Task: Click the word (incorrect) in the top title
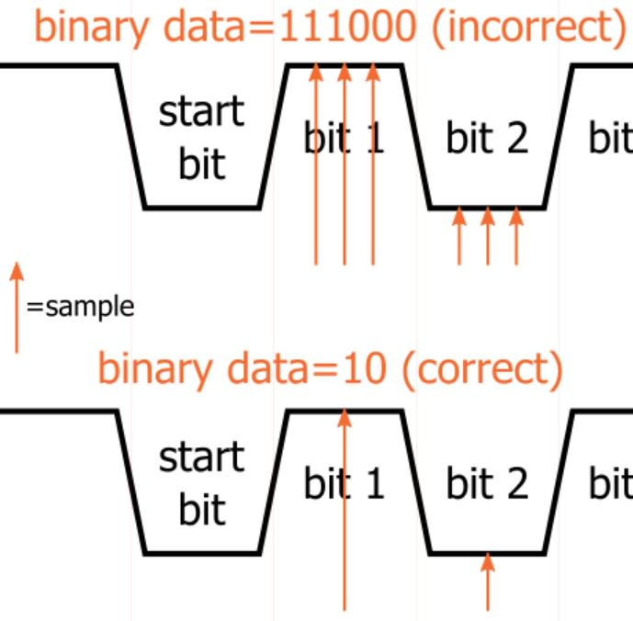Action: [529, 28]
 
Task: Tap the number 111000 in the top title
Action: [347, 27]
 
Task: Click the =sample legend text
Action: [80, 307]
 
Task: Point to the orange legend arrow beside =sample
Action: [17, 308]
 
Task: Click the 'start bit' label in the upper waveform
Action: [201, 137]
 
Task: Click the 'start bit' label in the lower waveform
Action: [201, 482]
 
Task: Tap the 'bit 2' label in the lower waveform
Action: [487, 482]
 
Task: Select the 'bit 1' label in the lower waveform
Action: [345, 482]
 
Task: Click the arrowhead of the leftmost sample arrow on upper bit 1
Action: [316, 72]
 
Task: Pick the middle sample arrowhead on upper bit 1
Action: [345, 72]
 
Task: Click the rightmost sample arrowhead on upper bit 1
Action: [373, 72]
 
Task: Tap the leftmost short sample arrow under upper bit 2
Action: [459, 236]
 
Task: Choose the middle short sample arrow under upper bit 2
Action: [488, 236]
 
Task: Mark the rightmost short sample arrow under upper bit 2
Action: [516, 236]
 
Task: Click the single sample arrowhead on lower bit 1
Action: [345, 418]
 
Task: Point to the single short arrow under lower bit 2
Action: [488, 581]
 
